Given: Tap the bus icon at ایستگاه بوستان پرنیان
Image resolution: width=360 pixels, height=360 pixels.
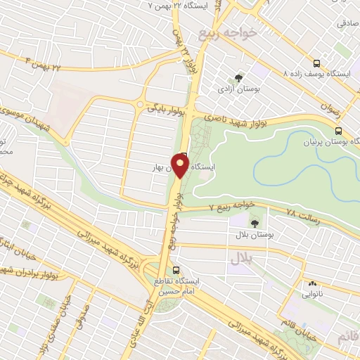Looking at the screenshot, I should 340,131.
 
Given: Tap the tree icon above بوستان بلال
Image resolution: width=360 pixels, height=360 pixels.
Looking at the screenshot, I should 254,222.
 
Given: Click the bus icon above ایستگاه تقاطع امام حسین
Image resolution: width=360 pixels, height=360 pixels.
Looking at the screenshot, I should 176,269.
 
